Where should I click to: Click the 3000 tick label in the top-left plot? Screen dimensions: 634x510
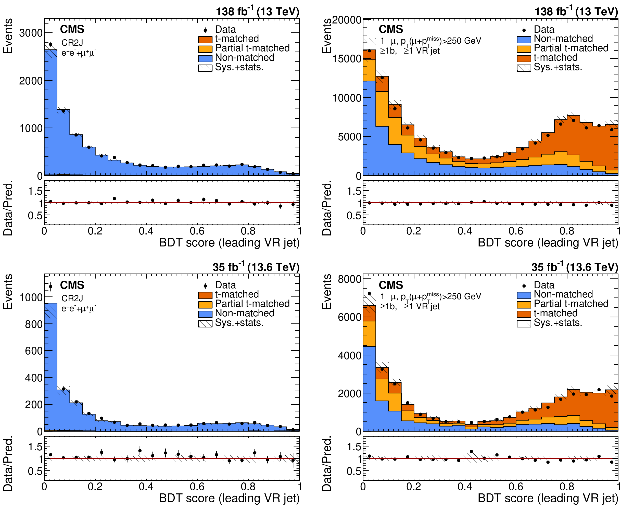click(31, 33)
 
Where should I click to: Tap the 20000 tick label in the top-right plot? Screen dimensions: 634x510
click(347, 20)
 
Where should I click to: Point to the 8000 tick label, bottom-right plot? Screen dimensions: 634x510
click(350, 279)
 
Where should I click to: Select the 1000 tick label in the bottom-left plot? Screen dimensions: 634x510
click(31, 297)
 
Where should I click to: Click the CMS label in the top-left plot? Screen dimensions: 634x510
click(72, 29)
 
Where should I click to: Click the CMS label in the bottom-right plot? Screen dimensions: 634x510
click(391, 285)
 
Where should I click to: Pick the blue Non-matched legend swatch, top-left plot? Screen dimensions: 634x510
click(205, 58)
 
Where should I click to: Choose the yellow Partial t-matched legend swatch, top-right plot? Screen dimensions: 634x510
click(524, 49)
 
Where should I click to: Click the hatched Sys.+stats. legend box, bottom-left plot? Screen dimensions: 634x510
click(205, 324)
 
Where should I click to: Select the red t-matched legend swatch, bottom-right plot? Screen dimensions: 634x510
click(524, 314)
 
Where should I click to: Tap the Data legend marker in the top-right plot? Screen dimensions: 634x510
click(524, 30)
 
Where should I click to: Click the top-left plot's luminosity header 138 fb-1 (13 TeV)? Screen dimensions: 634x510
click(258, 11)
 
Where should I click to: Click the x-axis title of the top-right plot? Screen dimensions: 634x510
click(548, 243)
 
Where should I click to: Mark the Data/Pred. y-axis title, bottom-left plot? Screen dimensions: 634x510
click(8, 463)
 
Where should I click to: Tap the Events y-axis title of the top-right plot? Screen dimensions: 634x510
click(327, 36)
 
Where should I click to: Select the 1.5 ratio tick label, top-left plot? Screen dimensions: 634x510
click(35, 191)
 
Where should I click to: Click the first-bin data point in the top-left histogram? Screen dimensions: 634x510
click(50, 44)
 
